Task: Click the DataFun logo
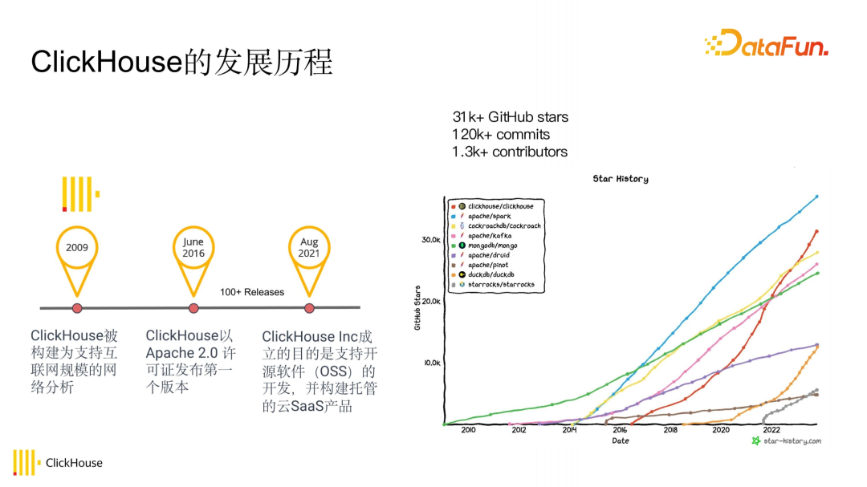tap(766, 43)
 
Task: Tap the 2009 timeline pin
tap(78, 249)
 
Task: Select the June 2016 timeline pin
tap(193, 249)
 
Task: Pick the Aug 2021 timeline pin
tap(309, 249)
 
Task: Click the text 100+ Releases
tap(252, 292)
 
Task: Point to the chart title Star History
tap(621, 179)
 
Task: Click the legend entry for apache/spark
tap(489, 217)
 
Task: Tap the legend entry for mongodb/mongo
tap(492, 246)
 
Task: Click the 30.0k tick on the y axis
tap(432, 240)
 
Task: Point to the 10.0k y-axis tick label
tap(432, 363)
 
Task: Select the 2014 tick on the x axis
tap(569, 430)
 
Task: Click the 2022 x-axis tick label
tap(771, 430)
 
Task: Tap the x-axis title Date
tap(621, 440)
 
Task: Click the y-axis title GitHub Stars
tap(417, 307)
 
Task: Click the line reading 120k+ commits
tap(500, 135)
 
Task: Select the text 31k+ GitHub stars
tap(510, 118)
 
